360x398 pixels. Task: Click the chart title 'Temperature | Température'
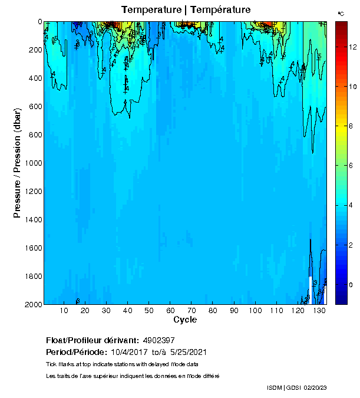186,9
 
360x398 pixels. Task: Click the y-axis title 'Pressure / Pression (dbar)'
18,163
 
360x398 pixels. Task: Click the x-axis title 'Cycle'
185,320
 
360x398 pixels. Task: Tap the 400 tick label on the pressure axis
35,78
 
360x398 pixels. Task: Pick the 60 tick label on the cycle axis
170,311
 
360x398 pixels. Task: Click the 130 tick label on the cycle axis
319,311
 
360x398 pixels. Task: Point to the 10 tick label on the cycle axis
64,311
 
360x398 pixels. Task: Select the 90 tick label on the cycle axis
234,311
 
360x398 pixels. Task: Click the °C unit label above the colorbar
341,13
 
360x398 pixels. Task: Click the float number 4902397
158,340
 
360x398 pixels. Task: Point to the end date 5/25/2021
187,352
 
